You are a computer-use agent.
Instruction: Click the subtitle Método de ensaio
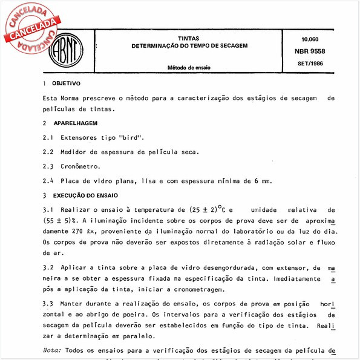[189, 68]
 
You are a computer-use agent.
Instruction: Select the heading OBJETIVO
[66, 83]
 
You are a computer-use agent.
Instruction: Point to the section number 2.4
[48, 180]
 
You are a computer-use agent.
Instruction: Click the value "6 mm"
[263, 180]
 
